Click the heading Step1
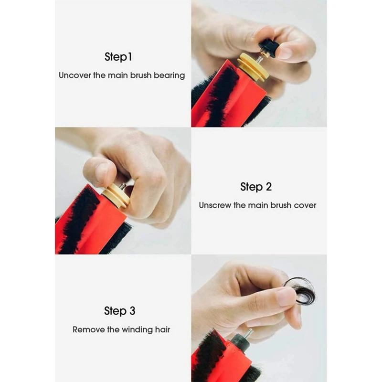[118, 57]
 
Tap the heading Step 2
[256, 187]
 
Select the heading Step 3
[119, 311]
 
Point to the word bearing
[169, 75]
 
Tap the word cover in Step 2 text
[306, 205]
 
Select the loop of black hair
[301, 290]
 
